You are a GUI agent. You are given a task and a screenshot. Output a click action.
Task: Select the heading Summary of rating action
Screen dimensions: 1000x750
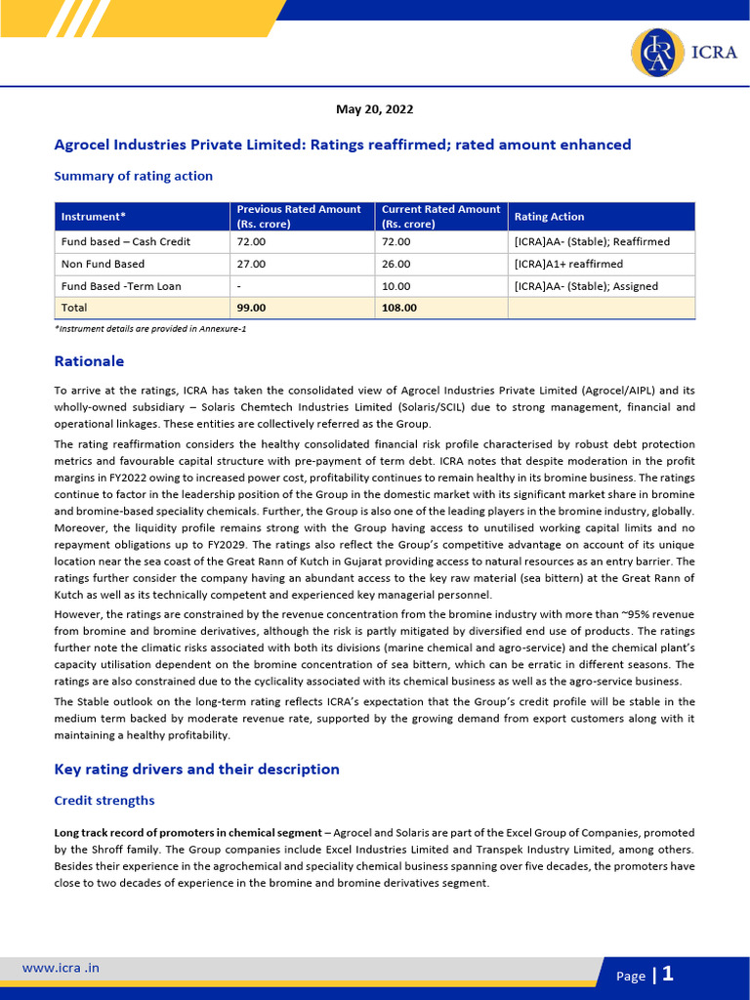tap(133, 176)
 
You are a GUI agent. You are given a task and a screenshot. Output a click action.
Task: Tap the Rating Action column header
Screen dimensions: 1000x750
tap(549, 216)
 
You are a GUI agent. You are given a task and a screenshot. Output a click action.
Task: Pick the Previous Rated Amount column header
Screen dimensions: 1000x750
tap(299, 216)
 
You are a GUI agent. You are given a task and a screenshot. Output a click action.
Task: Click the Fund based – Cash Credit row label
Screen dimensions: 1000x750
tap(125, 241)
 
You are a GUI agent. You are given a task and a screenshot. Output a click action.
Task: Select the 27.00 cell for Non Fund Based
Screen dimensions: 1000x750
tap(251, 264)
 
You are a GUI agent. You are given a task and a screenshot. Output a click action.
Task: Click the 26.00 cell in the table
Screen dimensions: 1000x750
tap(396, 264)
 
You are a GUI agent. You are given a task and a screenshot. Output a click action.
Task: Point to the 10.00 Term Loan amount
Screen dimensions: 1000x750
tap(396, 286)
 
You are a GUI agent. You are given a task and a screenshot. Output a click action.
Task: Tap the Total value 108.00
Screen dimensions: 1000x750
tap(398, 308)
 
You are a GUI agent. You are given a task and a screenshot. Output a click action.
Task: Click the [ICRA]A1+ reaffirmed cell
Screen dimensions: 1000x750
tap(567, 264)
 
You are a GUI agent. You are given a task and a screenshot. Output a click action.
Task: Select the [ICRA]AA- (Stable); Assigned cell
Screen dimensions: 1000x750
tap(586, 286)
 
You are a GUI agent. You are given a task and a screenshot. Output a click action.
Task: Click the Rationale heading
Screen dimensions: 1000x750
tap(89, 361)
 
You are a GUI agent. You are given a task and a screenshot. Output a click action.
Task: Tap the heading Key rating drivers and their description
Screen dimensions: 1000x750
tap(196, 769)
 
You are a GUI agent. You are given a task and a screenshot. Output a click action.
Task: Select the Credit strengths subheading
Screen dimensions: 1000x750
tap(104, 800)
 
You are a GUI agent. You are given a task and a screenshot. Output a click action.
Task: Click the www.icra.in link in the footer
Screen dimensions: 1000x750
tap(61, 968)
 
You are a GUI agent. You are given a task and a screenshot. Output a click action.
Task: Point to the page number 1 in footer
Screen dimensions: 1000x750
tap(668, 974)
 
